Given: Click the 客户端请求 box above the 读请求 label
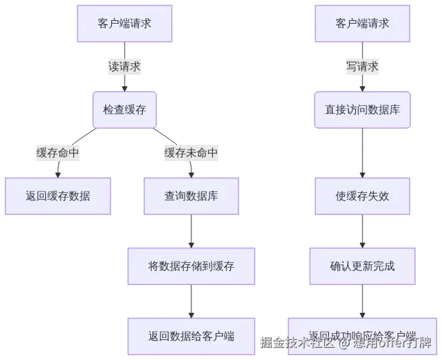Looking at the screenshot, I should point(125,24).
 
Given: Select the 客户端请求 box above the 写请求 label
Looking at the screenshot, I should point(362,24).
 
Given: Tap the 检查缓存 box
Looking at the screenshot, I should point(125,110).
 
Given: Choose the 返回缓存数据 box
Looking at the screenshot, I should point(58,196).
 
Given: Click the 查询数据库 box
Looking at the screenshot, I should point(191,196).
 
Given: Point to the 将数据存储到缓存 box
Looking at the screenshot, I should point(191,266).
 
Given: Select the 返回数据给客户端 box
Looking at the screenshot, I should point(191,335).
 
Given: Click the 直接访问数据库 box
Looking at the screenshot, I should point(362,110).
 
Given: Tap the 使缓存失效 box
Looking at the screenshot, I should point(362,196).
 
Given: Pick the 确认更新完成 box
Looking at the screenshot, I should point(362,266).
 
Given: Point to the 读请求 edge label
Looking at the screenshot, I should point(125,67).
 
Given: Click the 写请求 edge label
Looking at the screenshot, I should point(362,67).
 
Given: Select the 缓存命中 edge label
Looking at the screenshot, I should point(58,153).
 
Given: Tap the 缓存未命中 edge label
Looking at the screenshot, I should point(191,153).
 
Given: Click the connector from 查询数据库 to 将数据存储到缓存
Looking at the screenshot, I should point(191,231).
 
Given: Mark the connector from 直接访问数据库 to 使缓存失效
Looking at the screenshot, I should point(362,153).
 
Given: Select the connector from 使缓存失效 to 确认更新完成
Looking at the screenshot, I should point(362,231).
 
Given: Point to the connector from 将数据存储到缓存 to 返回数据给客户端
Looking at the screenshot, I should point(191,301).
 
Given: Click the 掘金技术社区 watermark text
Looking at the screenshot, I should point(297,343).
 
